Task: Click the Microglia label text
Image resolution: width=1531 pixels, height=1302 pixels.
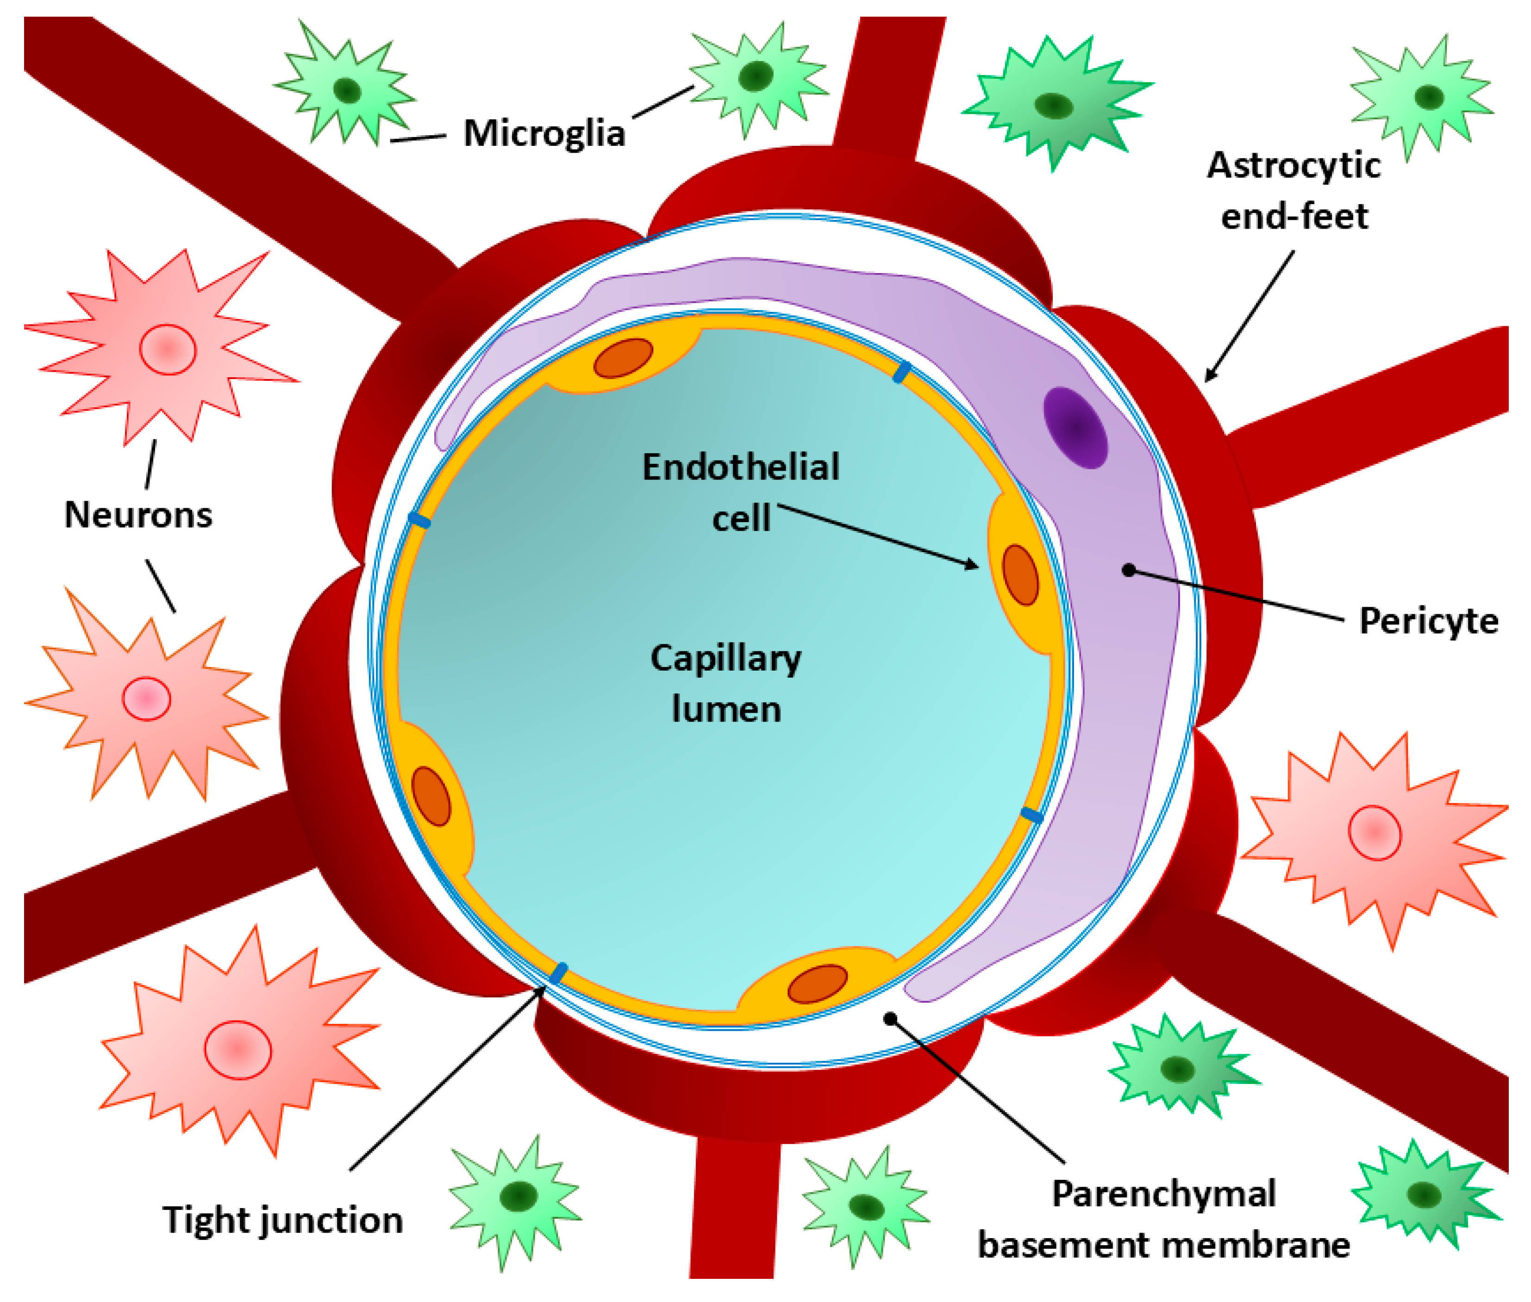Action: pyautogui.click(x=544, y=134)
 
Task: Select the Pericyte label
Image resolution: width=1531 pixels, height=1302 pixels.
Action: pyautogui.click(x=1428, y=621)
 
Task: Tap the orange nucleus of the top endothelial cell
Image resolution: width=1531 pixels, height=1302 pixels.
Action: pyautogui.click(x=623, y=358)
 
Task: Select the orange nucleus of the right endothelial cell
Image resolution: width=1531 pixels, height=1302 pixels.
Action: pyautogui.click(x=1020, y=575)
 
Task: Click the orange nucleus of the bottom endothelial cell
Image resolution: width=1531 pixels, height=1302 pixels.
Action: pyautogui.click(x=817, y=984)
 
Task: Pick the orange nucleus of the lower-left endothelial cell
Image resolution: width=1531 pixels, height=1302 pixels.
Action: pyautogui.click(x=431, y=796)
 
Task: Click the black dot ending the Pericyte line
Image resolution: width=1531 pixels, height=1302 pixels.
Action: pyautogui.click(x=1128, y=570)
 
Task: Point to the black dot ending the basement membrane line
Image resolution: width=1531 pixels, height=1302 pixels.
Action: pyautogui.click(x=890, y=1019)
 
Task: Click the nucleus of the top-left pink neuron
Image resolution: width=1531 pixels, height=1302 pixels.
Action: pyautogui.click(x=168, y=349)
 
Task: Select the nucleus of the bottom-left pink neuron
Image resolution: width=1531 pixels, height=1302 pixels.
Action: pyautogui.click(x=237, y=1050)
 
